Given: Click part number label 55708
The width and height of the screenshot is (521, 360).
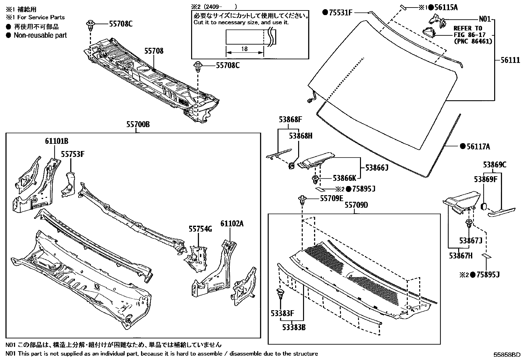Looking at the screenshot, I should (x=154, y=51).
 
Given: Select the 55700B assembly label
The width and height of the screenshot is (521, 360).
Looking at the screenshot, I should (x=138, y=125).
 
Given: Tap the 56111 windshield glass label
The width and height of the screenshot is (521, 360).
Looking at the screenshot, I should (x=510, y=60).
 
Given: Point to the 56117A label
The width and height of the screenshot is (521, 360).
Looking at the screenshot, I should (x=478, y=147).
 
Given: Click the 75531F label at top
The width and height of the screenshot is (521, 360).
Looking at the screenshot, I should (x=340, y=13).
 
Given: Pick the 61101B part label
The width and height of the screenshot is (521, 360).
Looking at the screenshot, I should (x=57, y=141).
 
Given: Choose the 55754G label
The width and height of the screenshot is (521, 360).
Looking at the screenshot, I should (x=200, y=229).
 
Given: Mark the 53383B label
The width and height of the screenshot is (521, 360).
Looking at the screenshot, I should (x=294, y=327).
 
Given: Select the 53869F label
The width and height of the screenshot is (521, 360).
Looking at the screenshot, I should (x=486, y=179).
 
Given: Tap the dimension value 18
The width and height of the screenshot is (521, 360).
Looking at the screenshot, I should (x=244, y=49).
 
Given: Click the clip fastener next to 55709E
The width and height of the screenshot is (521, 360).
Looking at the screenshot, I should (x=302, y=199).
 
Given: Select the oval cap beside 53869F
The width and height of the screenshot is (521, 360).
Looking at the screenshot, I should (x=483, y=206).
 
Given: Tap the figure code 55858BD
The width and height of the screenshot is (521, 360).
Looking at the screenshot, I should (x=507, y=355).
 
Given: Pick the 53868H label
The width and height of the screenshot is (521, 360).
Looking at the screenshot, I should (x=300, y=136).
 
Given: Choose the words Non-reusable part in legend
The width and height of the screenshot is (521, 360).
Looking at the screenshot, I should (x=40, y=35).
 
